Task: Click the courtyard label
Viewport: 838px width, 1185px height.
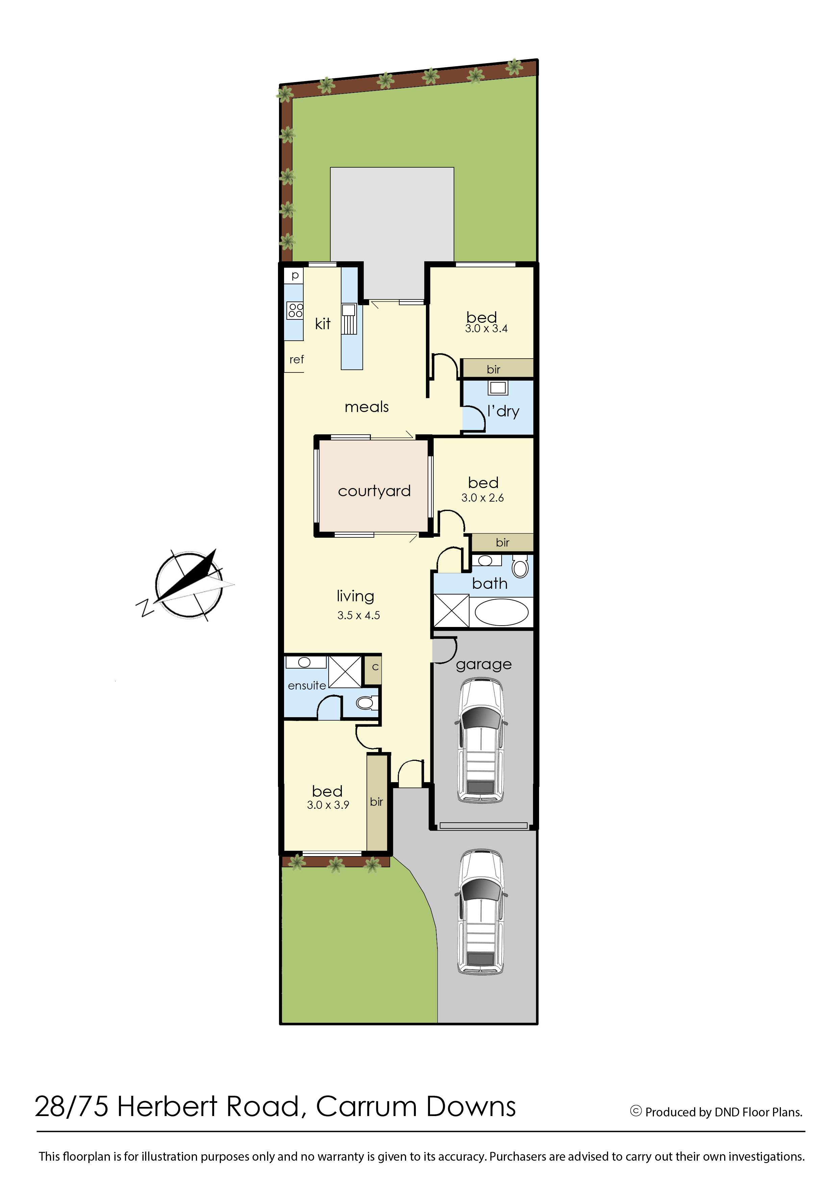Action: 374,491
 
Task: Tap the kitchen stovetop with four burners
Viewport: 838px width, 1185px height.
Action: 295,310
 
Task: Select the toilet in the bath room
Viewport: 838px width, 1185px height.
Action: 520,566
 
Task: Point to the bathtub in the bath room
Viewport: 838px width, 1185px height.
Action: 501,612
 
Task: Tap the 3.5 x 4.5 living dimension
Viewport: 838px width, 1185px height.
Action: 359,615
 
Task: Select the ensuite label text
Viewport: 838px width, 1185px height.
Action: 307,686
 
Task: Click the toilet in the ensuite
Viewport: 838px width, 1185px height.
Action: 367,703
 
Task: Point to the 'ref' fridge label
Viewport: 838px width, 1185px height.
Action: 297,359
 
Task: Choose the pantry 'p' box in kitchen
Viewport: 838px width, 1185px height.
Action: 294,275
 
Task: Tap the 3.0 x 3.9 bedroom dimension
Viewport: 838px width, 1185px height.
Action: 328,805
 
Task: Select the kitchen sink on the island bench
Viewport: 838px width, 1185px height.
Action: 349,318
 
